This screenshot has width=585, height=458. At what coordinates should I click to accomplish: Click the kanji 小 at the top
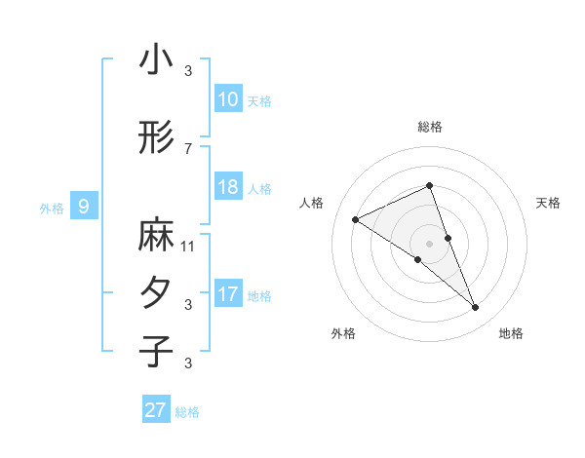coord(156,60)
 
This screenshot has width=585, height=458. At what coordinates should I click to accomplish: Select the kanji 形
coord(156,138)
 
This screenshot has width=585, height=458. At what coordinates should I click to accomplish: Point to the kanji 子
coord(156,351)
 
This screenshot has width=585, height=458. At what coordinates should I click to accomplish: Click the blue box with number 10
coord(227,99)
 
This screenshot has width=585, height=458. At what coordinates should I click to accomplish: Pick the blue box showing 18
coord(227,187)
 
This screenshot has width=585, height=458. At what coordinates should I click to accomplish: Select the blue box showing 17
coord(227,294)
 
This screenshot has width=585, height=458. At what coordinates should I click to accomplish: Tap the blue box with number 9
coord(84,207)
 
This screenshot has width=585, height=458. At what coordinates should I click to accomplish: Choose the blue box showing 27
coord(156,409)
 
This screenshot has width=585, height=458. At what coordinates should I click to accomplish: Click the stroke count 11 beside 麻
coord(188,247)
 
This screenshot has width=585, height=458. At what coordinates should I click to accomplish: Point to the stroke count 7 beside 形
coord(188,148)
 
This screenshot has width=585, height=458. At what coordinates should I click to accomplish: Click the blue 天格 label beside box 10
coord(258,100)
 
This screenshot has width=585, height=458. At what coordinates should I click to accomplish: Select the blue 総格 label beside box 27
coord(187,411)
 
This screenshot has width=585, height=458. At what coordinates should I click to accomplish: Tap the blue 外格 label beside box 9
coord(51,208)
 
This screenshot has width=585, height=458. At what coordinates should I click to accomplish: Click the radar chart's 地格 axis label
coord(511,333)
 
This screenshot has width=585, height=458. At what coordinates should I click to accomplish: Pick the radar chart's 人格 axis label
coord(312,203)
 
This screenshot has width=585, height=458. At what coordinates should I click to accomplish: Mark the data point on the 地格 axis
coord(475,308)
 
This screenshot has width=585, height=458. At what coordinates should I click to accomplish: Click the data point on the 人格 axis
coord(355,219)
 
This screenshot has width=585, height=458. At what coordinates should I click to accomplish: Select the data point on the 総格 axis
coord(429,187)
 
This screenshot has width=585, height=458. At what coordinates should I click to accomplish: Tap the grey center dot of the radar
coord(429,244)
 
